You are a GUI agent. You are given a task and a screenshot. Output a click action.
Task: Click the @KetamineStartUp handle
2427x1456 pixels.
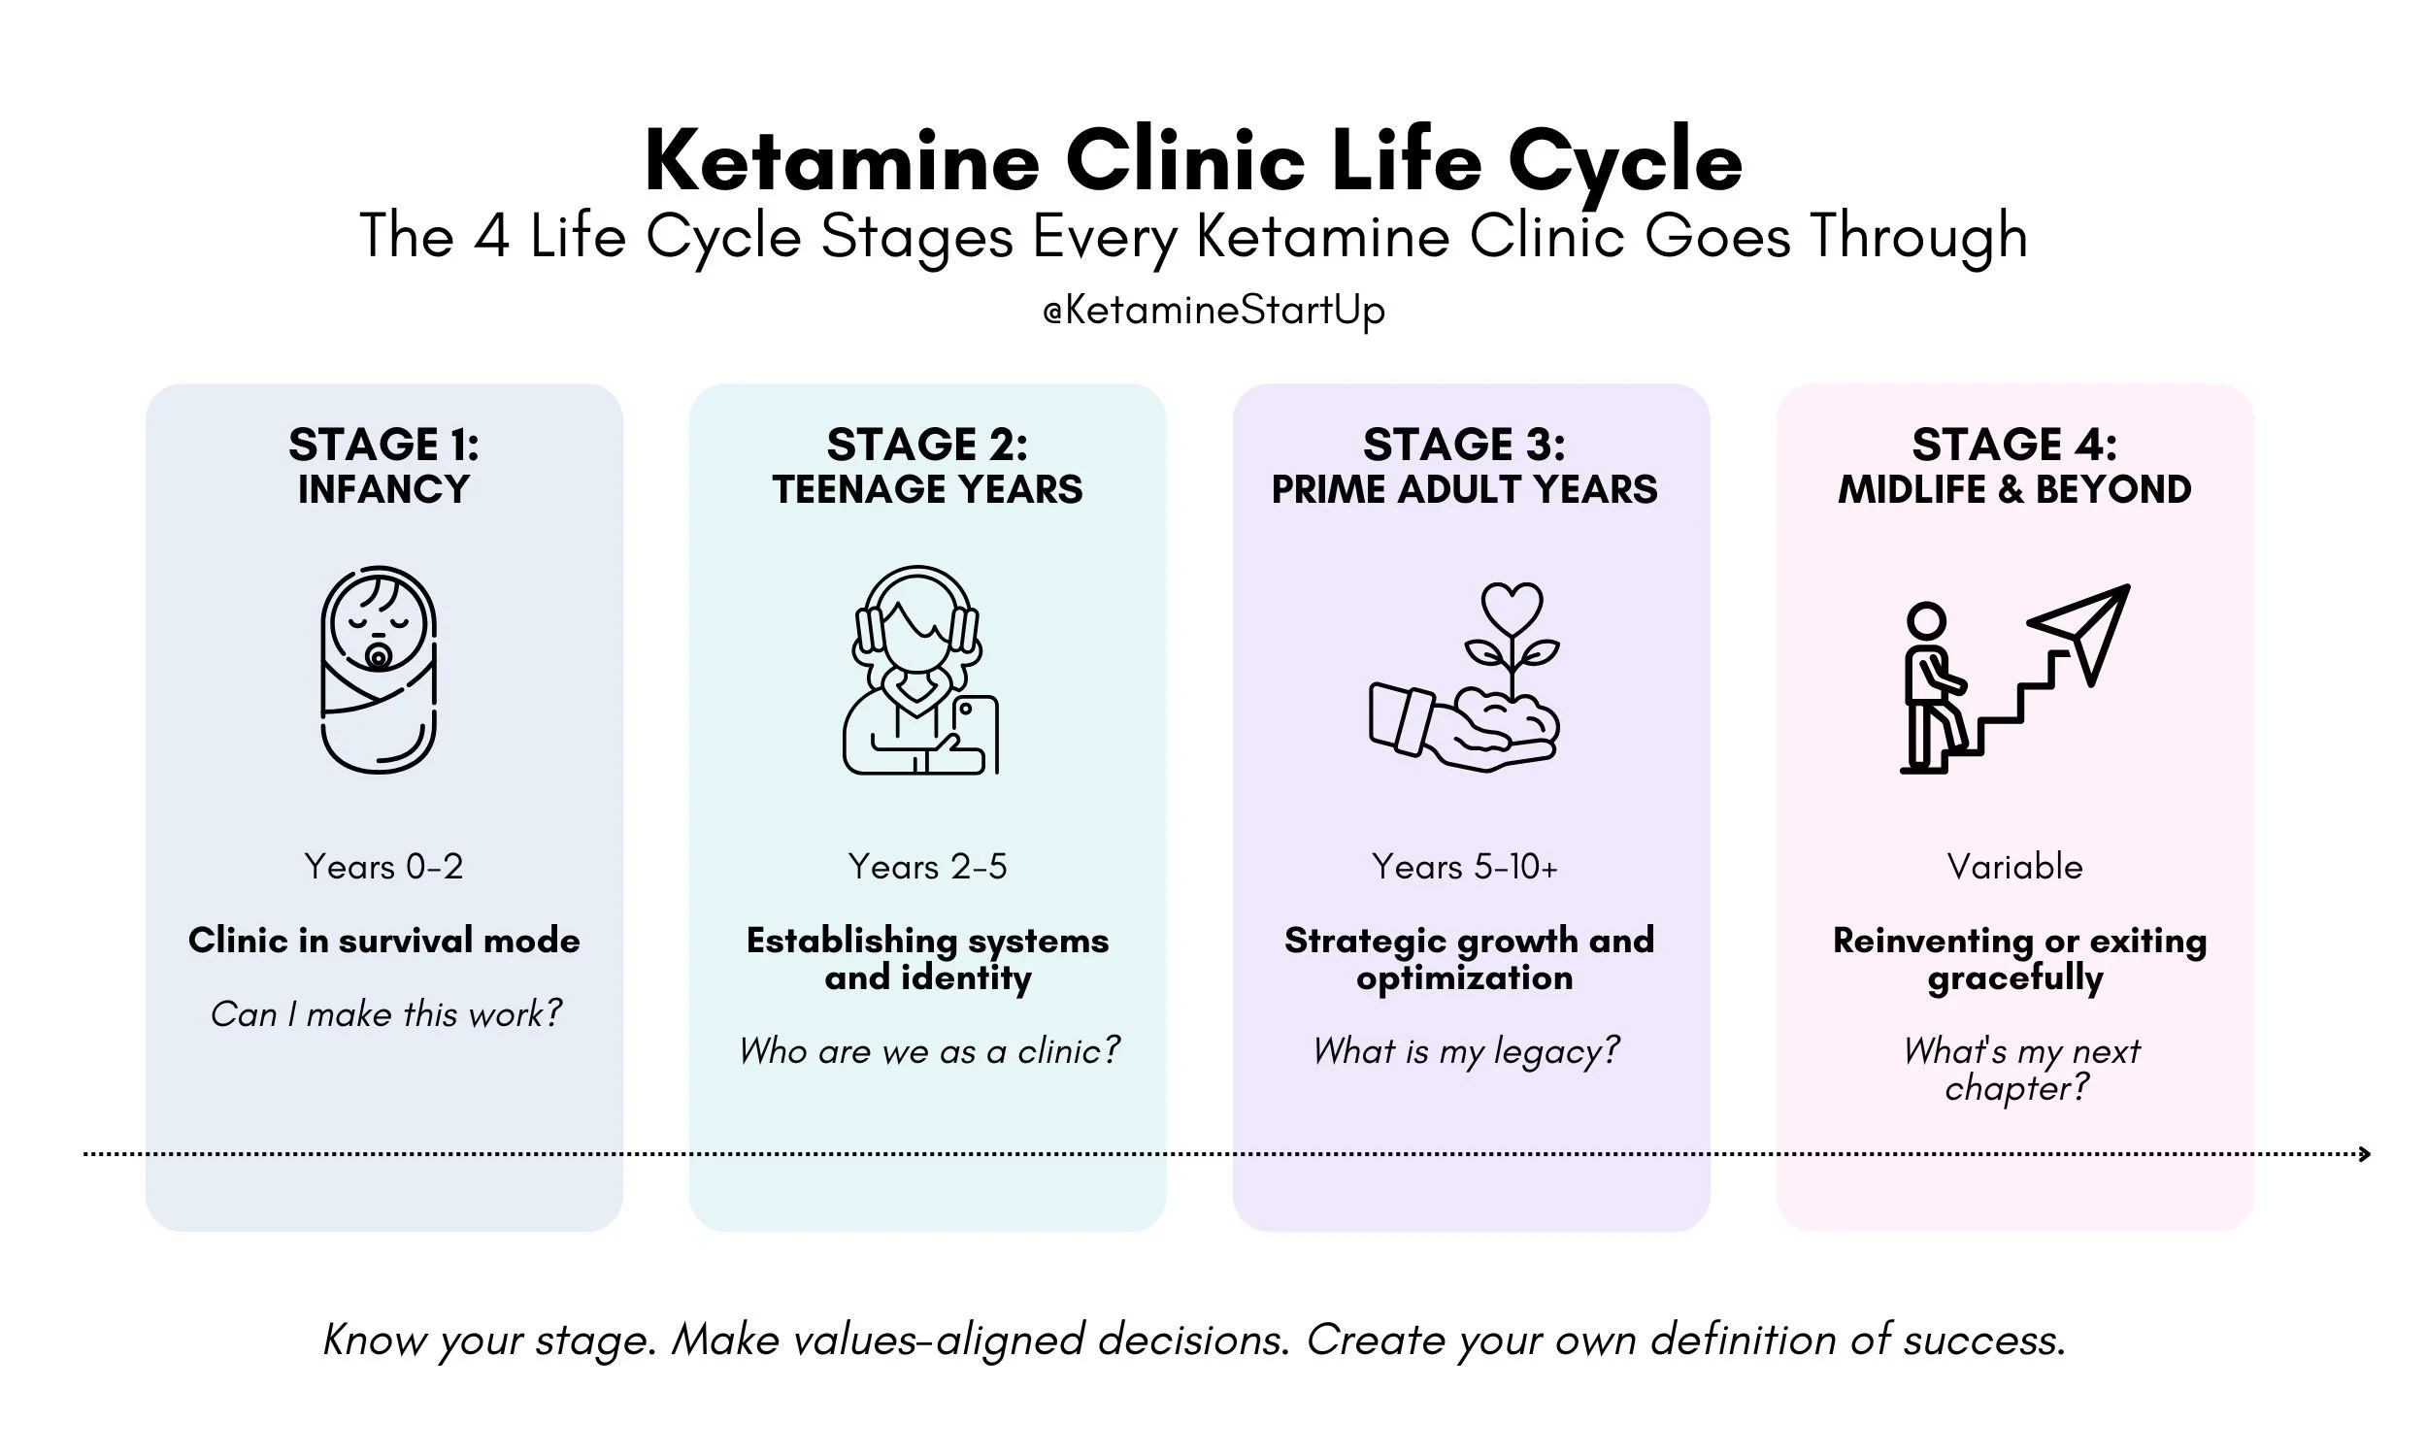point(1213,310)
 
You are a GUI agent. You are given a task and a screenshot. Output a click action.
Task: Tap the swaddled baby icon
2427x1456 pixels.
point(379,670)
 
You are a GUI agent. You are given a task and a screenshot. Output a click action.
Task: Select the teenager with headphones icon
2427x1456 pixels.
point(919,670)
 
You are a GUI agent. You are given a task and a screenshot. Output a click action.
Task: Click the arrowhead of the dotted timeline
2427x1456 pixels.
point(2365,1154)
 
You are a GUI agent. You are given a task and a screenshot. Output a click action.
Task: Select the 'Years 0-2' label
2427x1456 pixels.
point(383,867)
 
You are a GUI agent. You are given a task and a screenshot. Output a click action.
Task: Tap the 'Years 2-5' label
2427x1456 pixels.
point(927,867)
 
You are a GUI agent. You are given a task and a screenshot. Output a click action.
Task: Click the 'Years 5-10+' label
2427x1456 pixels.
point(1464,867)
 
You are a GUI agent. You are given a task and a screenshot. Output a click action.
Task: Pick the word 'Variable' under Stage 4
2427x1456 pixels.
point(2014,867)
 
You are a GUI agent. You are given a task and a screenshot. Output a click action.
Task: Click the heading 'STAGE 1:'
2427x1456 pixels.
point(383,445)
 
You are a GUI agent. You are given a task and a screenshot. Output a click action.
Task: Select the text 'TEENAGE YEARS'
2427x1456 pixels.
point(927,488)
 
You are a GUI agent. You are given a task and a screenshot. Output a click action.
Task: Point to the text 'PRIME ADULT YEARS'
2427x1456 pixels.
point(1464,488)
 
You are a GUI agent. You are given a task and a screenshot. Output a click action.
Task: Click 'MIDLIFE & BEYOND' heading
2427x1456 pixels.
point(2014,488)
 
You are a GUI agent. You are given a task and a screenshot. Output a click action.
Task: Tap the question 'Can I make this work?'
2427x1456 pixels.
point(385,1013)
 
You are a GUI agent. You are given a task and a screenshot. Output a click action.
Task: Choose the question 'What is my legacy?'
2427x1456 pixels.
point(1466,1051)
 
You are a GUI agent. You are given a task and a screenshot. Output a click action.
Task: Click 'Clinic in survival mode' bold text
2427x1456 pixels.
point(383,940)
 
